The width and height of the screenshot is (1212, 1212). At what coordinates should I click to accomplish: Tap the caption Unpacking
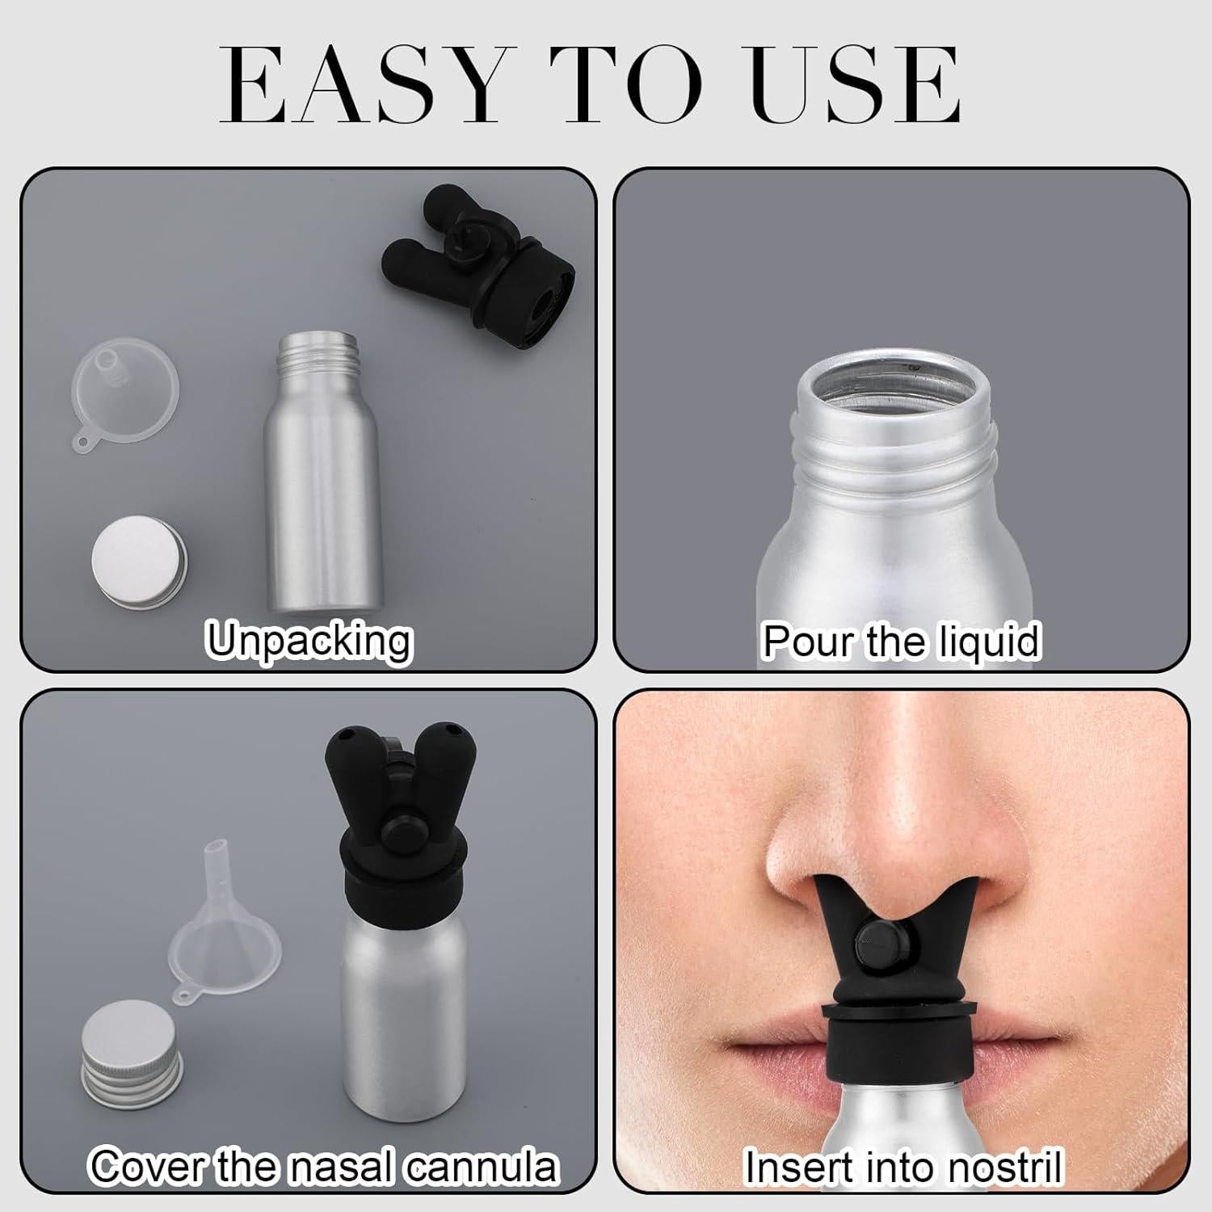(x=309, y=641)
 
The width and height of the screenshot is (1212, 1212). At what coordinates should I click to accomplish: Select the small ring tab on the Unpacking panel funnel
(x=84, y=441)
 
